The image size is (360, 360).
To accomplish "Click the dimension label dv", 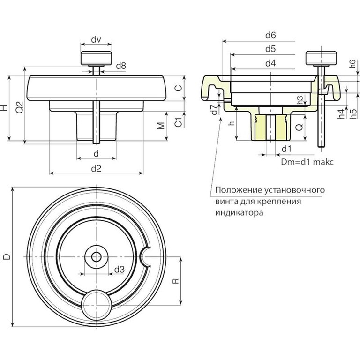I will pos(96,40).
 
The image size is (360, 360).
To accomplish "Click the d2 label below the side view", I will pos(96,169).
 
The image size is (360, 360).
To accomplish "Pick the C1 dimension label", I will pos(178,123).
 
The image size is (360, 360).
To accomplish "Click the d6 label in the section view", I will pos(270,35).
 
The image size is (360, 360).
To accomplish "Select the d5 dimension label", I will pos(270,49).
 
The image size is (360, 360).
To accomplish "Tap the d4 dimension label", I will pos(270,63).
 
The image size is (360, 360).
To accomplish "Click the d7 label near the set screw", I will pos(214,111).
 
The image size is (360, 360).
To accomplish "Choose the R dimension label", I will pos(175,281).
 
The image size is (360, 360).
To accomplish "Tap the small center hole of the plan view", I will pos(96,256).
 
